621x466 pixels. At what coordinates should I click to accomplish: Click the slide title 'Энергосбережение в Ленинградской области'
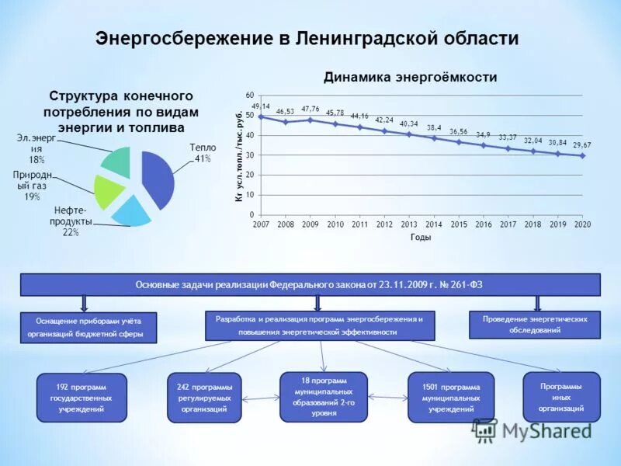click(x=307, y=38)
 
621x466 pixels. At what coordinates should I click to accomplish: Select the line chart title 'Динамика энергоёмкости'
click(x=410, y=77)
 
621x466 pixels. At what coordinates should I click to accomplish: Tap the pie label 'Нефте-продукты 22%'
click(x=73, y=221)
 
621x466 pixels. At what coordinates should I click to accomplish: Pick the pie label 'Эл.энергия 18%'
click(x=36, y=148)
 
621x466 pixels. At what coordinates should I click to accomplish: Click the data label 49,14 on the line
click(x=261, y=106)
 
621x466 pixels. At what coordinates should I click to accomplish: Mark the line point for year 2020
click(x=582, y=155)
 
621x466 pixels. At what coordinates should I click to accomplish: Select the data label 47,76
click(x=310, y=110)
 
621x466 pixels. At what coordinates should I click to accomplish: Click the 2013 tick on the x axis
click(x=409, y=224)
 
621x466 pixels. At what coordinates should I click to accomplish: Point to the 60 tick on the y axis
click(x=250, y=95)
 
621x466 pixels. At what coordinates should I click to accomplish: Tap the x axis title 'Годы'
click(x=421, y=238)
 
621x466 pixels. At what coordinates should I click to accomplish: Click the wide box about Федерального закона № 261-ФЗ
click(x=310, y=285)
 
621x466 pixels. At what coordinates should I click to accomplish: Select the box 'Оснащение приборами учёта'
click(x=88, y=328)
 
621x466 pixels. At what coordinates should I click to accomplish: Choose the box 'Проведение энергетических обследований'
click(x=535, y=325)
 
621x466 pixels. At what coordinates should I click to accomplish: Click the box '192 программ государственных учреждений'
click(x=82, y=397)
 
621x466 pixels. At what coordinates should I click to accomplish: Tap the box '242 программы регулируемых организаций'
click(x=204, y=397)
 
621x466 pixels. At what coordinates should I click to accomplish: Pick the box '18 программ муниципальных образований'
click(x=324, y=397)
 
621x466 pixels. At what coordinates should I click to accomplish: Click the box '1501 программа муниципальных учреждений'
click(x=451, y=397)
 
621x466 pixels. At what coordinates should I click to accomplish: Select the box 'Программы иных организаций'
click(x=561, y=397)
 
